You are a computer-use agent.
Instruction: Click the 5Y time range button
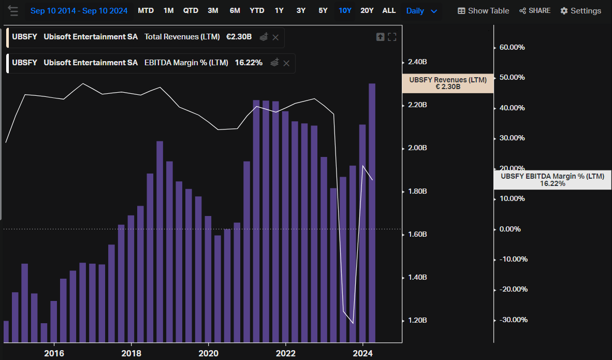[x=323, y=10]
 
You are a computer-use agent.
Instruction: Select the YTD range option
[x=257, y=10]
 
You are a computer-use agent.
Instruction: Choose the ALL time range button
[x=389, y=10]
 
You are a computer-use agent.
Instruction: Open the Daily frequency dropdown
[x=421, y=11]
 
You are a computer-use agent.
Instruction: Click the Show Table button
[x=483, y=11]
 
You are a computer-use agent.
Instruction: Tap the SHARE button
[x=535, y=11]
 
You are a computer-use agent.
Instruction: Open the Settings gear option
[x=580, y=11]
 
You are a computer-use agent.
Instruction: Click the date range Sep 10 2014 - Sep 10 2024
[x=79, y=11]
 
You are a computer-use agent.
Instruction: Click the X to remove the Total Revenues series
[x=275, y=37]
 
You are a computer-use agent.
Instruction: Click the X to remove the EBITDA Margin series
[x=286, y=63]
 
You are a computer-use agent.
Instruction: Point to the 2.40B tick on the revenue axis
[x=417, y=62]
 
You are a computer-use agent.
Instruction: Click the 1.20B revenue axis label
[x=417, y=321]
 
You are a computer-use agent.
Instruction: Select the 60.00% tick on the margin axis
[x=512, y=47]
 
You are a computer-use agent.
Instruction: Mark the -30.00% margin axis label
[x=512, y=320]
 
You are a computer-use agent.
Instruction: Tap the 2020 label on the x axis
[x=208, y=353]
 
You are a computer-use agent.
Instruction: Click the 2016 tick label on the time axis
[x=54, y=353]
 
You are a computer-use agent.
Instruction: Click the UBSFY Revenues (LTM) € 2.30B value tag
[x=447, y=83]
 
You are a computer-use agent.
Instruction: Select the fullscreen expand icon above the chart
[x=392, y=37]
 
